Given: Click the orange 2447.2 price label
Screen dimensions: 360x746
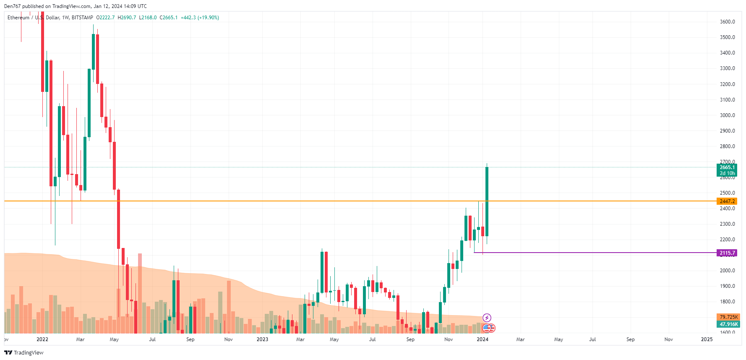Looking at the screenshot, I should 727,201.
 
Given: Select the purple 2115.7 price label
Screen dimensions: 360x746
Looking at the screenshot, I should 727,253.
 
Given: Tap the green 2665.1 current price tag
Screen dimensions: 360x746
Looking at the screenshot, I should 727,167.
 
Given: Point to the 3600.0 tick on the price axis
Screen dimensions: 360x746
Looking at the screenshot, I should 727,22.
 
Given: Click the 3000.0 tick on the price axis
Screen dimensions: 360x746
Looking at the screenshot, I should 727,115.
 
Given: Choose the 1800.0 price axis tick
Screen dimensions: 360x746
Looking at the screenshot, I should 727,302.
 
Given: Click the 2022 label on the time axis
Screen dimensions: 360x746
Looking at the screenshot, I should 42,339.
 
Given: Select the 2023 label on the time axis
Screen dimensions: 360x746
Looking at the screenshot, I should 262,339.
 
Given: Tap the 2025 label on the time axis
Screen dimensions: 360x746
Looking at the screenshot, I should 707,339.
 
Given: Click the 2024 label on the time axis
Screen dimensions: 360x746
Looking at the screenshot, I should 483,339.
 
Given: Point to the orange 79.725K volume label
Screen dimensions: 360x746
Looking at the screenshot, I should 728,317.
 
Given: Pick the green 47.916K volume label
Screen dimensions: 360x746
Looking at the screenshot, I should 728,324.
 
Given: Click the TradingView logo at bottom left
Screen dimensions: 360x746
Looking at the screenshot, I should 24,352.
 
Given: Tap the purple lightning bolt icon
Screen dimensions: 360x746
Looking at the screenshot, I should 487,318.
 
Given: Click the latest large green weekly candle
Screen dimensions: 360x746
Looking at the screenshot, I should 487,201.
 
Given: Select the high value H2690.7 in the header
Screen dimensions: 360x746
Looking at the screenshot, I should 127,18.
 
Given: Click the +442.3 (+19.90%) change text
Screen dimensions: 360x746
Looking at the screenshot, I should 200,18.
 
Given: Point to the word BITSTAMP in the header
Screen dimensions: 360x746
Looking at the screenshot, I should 82,18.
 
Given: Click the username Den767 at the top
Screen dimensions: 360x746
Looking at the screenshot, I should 12,6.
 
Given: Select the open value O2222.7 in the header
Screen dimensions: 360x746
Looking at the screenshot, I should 105,18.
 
